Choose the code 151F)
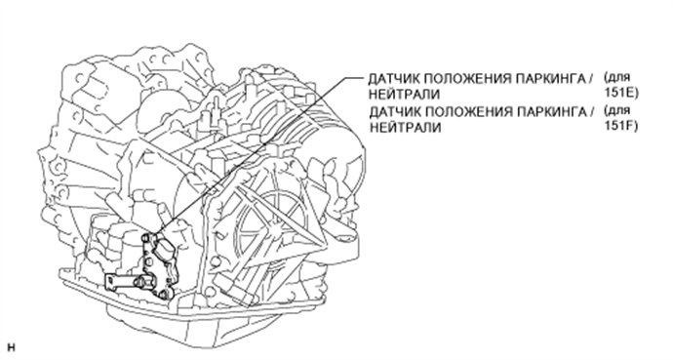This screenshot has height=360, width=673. coord(621,128)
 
